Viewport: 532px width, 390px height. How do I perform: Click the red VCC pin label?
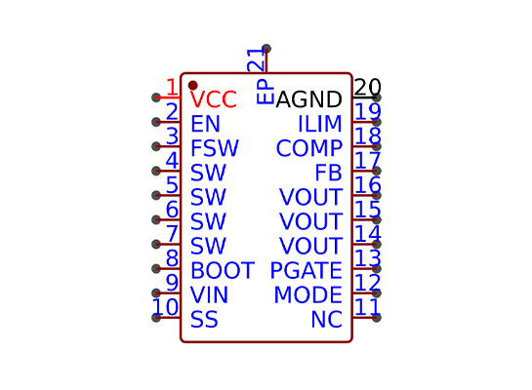(x=213, y=99)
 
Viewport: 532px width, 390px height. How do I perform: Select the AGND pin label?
(x=308, y=99)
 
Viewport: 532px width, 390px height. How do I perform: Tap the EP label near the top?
(x=265, y=92)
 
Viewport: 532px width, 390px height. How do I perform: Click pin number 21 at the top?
(x=256, y=60)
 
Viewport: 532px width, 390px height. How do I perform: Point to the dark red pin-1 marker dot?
(x=192, y=85)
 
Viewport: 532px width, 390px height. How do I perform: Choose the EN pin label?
(x=205, y=124)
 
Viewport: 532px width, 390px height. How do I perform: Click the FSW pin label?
(x=215, y=148)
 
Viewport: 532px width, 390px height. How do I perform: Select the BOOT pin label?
(x=223, y=270)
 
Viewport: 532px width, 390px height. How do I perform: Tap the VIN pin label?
(x=209, y=294)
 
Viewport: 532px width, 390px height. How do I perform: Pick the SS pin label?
(x=204, y=319)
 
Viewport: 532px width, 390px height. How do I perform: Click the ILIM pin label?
(x=319, y=124)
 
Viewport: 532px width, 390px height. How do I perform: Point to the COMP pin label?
(x=309, y=148)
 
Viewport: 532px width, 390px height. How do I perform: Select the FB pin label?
(x=328, y=173)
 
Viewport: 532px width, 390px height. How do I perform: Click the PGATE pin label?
(x=307, y=270)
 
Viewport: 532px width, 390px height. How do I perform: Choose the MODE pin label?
(x=308, y=294)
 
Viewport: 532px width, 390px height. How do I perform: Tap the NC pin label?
(x=326, y=319)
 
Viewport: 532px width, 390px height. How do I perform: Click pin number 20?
(x=367, y=87)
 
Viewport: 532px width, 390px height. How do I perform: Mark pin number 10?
(x=165, y=307)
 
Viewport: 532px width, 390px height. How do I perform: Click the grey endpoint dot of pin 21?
(x=266, y=49)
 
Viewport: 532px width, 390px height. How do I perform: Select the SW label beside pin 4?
(x=208, y=173)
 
